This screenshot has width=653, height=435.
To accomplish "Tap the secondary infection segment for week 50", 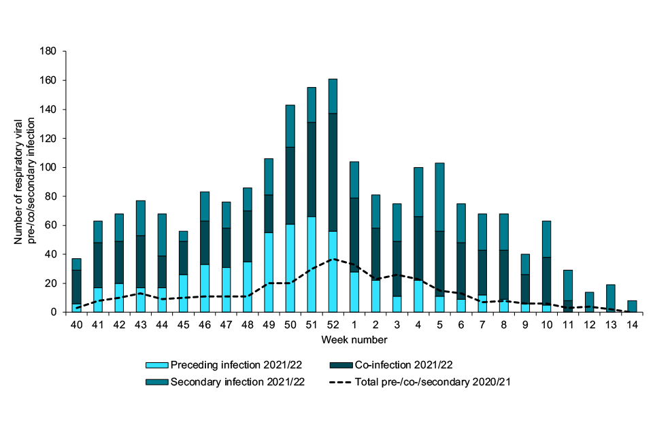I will point(290,126).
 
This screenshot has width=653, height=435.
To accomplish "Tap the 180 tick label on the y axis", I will point(48,52).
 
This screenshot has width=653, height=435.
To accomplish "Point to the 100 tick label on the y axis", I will point(48,167).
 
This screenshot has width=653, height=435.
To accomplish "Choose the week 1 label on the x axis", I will point(354,326).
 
